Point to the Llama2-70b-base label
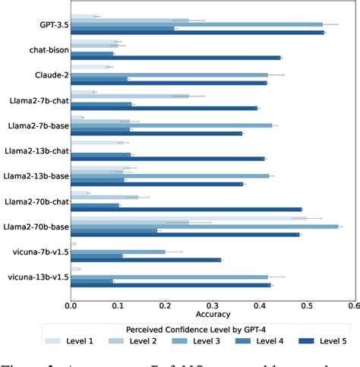click(35, 226)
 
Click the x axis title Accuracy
click(213, 314)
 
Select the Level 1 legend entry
click(74, 341)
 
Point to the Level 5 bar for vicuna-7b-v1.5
click(146, 260)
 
